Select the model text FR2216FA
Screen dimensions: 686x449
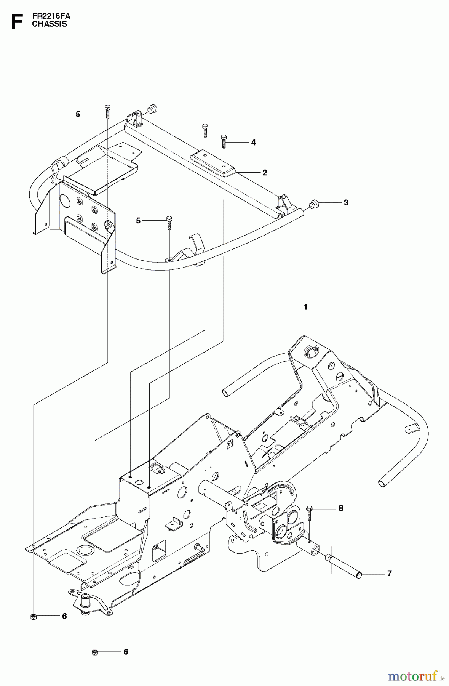click(x=51, y=16)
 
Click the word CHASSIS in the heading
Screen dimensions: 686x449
click(x=50, y=24)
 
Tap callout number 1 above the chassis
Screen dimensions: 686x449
click(x=305, y=307)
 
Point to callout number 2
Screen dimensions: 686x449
click(x=265, y=173)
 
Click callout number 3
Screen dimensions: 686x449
click(x=346, y=203)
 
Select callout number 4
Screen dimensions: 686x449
click(x=253, y=143)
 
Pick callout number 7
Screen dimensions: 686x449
click(x=389, y=573)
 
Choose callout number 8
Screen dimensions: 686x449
click(x=341, y=508)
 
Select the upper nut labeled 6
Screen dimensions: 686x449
click(x=33, y=616)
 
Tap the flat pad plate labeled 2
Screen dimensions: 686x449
click(x=212, y=163)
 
